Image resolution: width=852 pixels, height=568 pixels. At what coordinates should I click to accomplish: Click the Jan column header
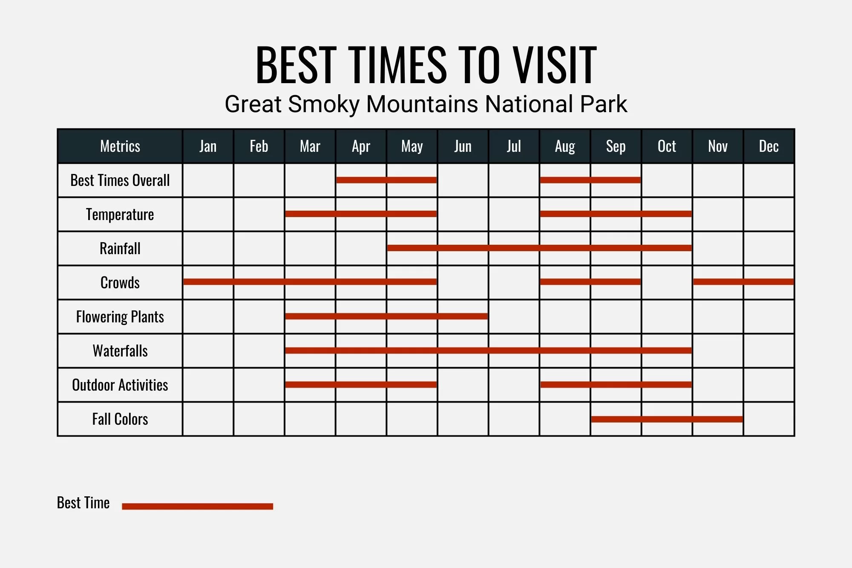(x=208, y=146)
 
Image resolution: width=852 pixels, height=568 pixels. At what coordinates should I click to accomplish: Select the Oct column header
(x=667, y=146)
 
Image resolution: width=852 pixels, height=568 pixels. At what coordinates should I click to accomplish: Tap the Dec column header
(x=769, y=146)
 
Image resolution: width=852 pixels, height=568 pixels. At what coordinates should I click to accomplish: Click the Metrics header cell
(x=120, y=146)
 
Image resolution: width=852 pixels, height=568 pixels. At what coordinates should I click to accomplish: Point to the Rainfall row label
(x=120, y=248)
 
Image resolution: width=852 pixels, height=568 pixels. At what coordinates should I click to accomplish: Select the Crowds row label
(x=120, y=282)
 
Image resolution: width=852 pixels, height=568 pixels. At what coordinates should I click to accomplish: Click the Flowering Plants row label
(x=120, y=317)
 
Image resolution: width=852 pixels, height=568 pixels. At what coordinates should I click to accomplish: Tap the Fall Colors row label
(x=120, y=419)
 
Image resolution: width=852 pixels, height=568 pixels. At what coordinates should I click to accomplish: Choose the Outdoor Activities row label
(x=120, y=385)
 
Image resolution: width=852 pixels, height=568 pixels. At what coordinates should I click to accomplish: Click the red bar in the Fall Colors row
(x=667, y=419)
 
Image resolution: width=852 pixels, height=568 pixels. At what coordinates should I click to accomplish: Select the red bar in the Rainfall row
(x=539, y=248)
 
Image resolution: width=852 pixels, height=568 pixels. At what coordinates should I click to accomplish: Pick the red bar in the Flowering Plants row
(x=386, y=316)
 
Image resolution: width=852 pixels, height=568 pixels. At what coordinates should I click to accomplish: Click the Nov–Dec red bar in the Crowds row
(x=744, y=282)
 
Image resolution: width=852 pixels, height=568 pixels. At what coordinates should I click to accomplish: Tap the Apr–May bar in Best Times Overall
(x=386, y=180)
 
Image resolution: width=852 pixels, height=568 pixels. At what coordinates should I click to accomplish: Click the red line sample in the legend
(x=197, y=506)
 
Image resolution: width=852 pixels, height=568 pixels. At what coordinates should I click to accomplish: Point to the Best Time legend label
(x=83, y=503)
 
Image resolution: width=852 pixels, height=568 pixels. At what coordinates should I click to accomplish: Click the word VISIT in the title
(x=554, y=65)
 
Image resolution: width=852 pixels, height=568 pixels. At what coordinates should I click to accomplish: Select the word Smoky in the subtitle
(x=324, y=104)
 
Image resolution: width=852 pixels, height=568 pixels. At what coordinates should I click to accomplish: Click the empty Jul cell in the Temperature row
(x=514, y=214)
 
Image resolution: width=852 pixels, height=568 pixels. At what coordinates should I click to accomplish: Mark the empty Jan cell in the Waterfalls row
(x=208, y=351)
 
